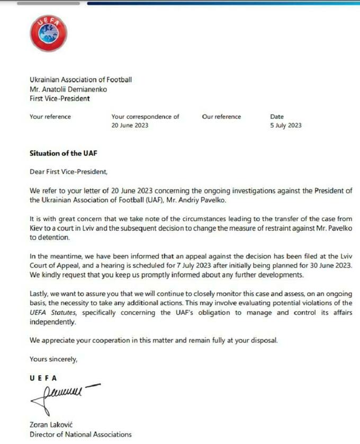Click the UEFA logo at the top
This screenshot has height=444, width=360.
coord(48,33)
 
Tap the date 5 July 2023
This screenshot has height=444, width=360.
coord(286,126)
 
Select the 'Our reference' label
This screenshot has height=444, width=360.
coord(221,117)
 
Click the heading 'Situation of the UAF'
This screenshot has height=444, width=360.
coord(64,154)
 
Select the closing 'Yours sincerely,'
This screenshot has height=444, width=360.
coord(53,359)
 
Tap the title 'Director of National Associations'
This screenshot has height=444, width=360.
coord(80,434)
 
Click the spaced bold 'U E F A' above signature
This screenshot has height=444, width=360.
coord(43,378)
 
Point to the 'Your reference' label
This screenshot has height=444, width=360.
coord(50,117)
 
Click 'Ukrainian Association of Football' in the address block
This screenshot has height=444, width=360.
coord(80,80)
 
